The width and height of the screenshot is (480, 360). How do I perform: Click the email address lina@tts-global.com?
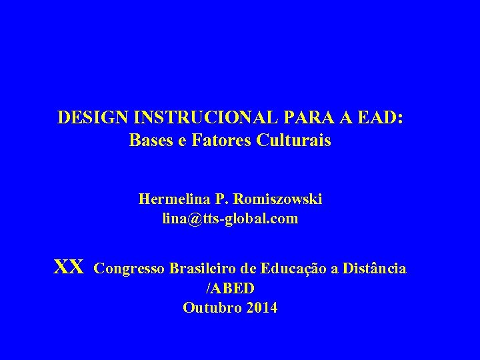230,218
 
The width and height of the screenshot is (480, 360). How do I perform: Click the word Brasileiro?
201,269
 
